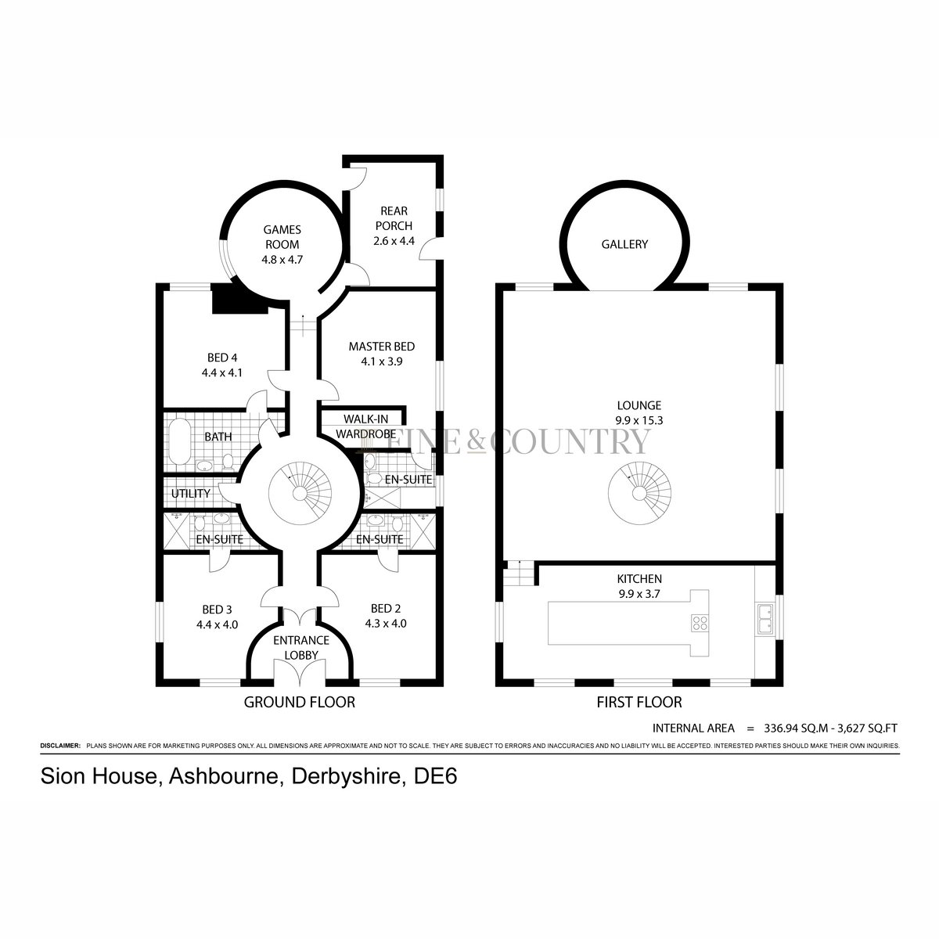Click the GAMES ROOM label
click(282, 237)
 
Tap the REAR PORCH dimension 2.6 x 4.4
click(394, 241)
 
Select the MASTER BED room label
click(382, 347)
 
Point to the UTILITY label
click(190, 494)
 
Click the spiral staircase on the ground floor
click(300, 493)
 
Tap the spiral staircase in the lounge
click(639, 493)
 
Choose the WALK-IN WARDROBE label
click(365, 426)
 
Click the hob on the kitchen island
click(700, 623)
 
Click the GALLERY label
click(624, 244)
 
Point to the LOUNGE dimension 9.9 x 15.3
click(639, 420)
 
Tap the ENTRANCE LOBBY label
click(301, 648)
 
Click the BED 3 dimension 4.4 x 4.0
click(218, 624)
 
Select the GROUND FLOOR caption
click(299, 702)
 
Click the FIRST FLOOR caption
click(639, 702)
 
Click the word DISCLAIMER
click(60, 746)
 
